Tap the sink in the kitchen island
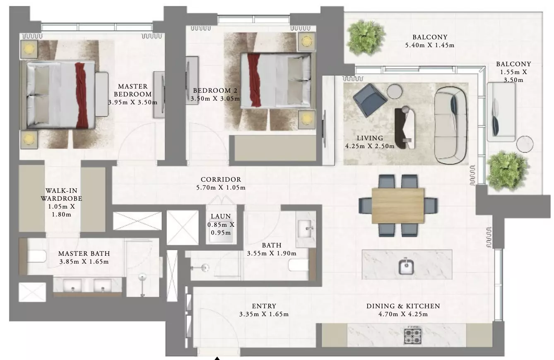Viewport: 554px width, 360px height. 406,266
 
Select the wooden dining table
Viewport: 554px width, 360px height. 398,205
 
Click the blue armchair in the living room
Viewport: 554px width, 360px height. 370,100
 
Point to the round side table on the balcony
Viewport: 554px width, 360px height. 525,144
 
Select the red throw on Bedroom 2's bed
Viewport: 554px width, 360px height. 254,80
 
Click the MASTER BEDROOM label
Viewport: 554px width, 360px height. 133,90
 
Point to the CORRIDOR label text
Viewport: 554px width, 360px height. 221,180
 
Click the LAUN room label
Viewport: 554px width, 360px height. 221,216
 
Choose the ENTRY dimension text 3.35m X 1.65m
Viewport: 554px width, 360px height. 264,314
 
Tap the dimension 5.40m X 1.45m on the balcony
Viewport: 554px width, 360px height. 430,45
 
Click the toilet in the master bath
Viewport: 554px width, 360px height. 36,256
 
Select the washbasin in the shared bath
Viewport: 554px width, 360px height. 306,229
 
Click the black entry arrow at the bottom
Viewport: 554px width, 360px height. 217,358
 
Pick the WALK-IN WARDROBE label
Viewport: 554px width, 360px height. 61,194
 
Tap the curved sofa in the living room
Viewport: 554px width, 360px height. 450,125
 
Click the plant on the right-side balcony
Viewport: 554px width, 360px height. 507,171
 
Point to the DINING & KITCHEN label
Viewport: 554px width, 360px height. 403,306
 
